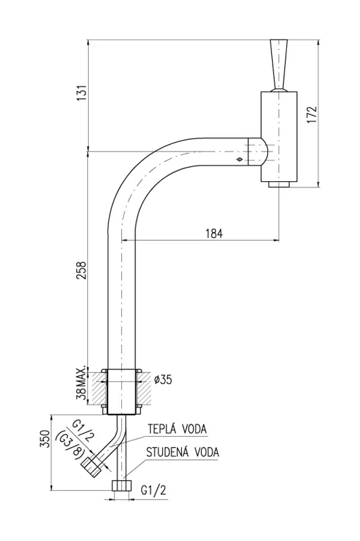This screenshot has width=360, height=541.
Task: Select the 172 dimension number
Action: point(311,114)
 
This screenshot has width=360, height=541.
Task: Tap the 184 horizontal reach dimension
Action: point(214,233)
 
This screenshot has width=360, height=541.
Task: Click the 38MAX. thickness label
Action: point(81,385)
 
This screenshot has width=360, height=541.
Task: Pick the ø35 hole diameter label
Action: point(163,380)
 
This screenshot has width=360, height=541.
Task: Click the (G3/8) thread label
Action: point(70,447)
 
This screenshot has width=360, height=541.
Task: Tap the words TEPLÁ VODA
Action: point(178,429)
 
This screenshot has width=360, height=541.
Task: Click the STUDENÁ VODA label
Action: point(183,452)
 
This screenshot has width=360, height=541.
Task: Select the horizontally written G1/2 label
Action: point(154,490)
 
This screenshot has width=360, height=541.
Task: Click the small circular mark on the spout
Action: point(238,160)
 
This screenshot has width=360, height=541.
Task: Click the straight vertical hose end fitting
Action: point(121,486)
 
